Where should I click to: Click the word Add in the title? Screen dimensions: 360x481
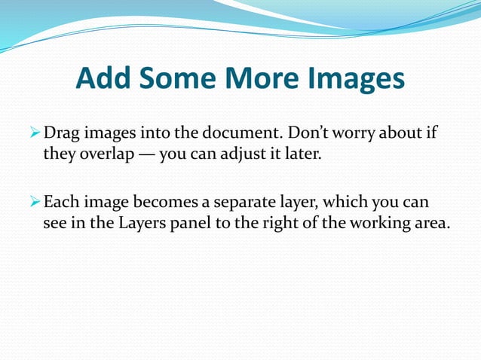[x=102, y=78]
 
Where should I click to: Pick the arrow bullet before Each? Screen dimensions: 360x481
[x=33, y=203]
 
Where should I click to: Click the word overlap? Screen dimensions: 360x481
[x=103, y=156]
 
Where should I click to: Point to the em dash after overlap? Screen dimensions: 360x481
[x=145, y=156]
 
